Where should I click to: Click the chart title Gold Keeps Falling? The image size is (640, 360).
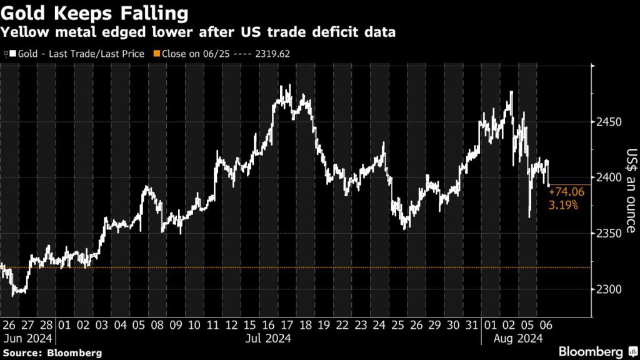point(95,13)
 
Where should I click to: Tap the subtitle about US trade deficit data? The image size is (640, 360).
point(198,32)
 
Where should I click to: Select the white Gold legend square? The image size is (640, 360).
point(13,54)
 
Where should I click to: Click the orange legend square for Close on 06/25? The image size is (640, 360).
point(157,54)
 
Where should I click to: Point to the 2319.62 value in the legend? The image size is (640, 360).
point(272,54)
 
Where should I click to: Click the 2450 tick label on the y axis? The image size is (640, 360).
point(609,122)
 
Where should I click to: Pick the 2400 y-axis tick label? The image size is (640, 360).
point(609,177)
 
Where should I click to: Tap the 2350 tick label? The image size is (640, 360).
point(609,233)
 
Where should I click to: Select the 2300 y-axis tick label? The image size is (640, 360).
point(609,289)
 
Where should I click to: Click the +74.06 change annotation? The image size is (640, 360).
point(566,192)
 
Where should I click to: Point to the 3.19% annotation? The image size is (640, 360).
point(563,205)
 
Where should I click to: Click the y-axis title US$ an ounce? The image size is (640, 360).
point(631,191)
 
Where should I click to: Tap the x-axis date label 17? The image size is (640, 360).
point(287,325)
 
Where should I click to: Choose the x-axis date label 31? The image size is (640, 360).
point(472,325)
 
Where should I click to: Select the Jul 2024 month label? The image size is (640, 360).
point(268,338)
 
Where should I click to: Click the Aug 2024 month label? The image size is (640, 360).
point(518,338)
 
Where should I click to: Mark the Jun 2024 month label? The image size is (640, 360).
point(28,338)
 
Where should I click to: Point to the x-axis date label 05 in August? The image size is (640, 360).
point(527,325)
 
